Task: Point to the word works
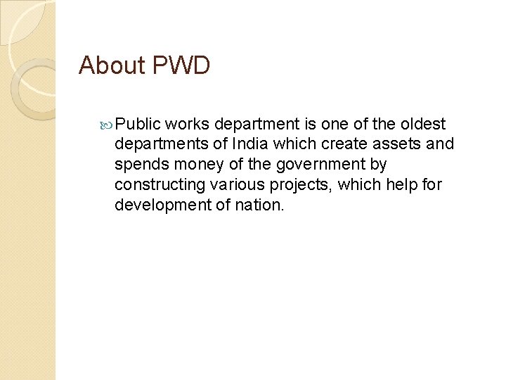pos(188,125)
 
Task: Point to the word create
pos(339,144)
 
